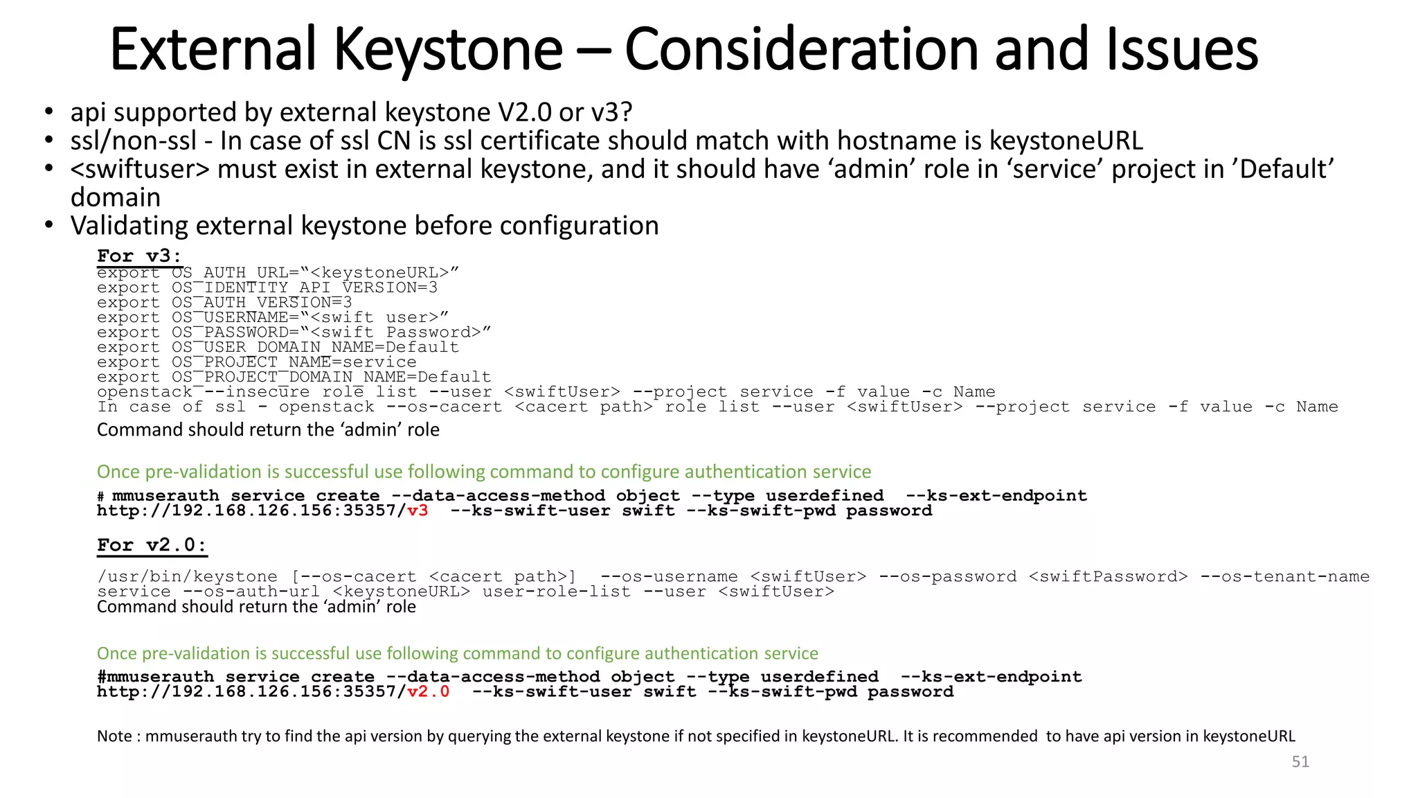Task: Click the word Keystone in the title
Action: point(448,50)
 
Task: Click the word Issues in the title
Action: point(1181,50)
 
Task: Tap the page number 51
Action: point(1300,762)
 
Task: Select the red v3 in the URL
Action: point(418,511)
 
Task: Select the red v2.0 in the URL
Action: point(429,692)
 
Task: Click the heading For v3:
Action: point(139,256)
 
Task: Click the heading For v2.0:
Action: point(152,545)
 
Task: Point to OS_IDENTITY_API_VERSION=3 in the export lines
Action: point(305,287)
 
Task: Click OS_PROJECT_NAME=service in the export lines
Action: point(294,362)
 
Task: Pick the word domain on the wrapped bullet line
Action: point(116,198)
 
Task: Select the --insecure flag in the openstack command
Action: point(257,392)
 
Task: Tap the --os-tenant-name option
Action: point(1284,577)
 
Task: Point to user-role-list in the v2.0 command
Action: point(557,592)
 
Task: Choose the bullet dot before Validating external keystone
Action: point(48,226)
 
